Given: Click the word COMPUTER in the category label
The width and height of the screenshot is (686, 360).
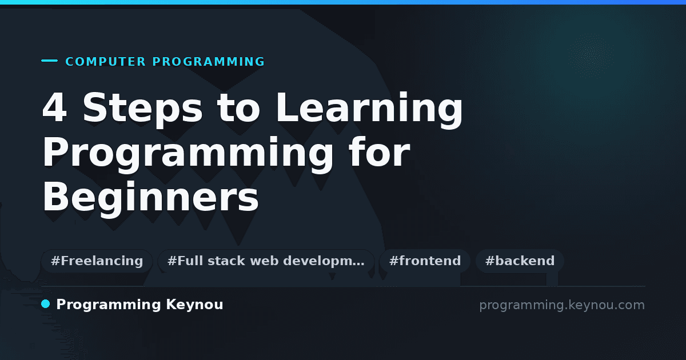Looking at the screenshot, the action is pos(106,62).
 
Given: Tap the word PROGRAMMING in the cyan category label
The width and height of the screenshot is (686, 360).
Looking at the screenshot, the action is pos(208,62).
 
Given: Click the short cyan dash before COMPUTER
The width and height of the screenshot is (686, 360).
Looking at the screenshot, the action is pos(49,61).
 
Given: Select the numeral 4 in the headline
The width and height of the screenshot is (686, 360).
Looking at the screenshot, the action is pos(54,107).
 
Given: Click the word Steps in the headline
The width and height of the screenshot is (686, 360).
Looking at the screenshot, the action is pos(143,109).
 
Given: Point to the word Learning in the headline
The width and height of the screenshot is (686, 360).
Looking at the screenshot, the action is pos(369,109).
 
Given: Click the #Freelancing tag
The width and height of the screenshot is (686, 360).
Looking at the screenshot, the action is pos(97,261).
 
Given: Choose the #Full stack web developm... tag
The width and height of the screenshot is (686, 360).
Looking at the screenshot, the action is pos(266,261).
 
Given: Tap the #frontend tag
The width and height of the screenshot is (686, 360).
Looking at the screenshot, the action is pos(425,261).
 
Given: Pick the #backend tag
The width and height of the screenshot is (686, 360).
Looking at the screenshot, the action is pos(520,261).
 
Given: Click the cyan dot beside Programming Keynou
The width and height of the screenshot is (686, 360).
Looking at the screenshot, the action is pos(46,304).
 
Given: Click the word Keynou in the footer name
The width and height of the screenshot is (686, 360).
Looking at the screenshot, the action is pos(194,305).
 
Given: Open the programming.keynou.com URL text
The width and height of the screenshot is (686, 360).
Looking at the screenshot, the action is pos(562,305).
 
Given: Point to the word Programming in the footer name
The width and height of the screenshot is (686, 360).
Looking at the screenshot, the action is pos(109,305).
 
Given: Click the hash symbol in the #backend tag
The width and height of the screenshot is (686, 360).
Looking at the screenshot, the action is pos(490,261).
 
